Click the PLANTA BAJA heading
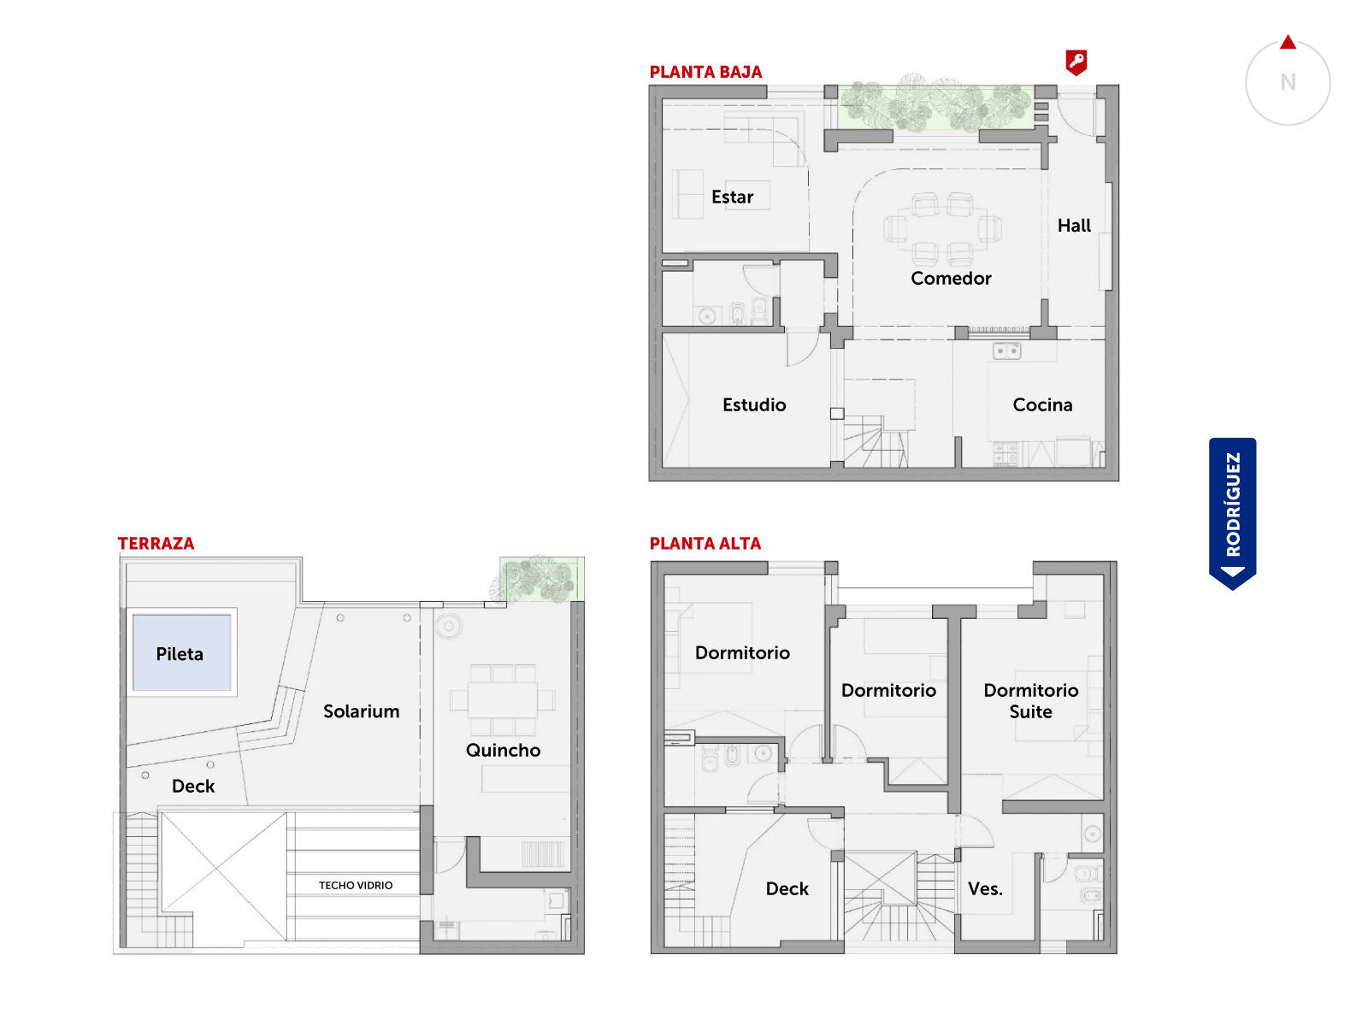(705, 73)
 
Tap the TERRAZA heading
(156, 543)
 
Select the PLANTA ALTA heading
(705, 543)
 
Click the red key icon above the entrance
(1076, 62)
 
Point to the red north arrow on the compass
(1288, 43)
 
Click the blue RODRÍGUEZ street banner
(1232, 513)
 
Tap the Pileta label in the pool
(180, 654)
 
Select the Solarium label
(361, 711)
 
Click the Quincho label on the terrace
(503, 750)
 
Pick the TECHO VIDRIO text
(355, 885)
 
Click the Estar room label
(732, 197)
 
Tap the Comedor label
(951, 279)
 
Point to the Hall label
(1074, 226)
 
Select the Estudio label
(754, 405)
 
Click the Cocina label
(1042, 405)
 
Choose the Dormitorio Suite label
(1031, 701)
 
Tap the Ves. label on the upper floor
(985, 889)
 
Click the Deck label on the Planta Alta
(787, 889)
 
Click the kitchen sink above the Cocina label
(1006, 351)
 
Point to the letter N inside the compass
(1288, 82)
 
